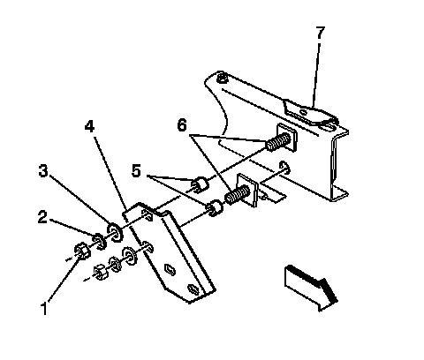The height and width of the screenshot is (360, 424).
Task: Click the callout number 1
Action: pos(44,309)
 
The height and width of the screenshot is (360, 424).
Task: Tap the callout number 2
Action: pos(42,217)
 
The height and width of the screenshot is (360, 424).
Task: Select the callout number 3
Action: pos(43,170)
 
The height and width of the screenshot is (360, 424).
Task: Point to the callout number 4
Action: pos(89,126)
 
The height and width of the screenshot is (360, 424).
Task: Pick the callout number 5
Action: pos(136,170)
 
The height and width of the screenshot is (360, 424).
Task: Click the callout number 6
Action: pos(182,125)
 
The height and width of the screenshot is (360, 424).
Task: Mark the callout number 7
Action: pos(321,33)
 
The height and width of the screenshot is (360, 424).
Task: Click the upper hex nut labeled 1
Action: pos(82,251)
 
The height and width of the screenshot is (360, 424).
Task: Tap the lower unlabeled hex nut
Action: pos(101,272)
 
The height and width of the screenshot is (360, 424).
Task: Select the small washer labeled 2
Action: pos(100,242)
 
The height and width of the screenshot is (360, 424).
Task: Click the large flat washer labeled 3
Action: pos(115,232)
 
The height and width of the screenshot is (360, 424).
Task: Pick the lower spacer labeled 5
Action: pos(215,208)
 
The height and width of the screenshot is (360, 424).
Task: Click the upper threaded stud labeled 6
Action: pos(277,142)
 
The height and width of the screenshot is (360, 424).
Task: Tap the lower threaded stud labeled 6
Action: pos(238,194)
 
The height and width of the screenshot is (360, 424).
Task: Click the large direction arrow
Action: pos(311,288)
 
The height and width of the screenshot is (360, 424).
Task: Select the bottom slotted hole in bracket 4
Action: pos(194,289)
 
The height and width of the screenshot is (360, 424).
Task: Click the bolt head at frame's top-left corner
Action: pos(222,79)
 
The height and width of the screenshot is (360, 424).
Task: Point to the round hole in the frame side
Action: pos(284,168)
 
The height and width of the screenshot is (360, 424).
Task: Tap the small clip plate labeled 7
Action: pos(310,113)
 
